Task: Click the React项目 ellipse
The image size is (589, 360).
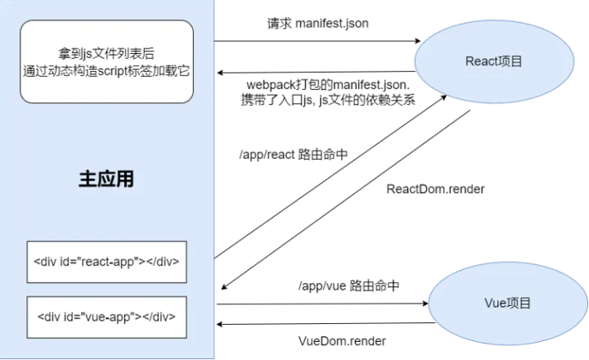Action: (x=494, y=61)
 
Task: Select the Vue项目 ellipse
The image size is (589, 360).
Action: (x=507, y=303)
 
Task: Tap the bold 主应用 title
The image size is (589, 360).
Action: (x=106, y=179)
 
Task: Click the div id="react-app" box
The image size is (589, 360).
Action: (x=106, y=262)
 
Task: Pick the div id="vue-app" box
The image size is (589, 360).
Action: (x=106, y=317)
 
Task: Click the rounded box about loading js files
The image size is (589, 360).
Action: (x=106, y=61)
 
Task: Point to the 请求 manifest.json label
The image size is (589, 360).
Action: (x=317, y=24)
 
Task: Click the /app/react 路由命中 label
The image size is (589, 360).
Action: (x=294, y=155)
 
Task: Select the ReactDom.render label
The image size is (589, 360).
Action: (x=435, y=189)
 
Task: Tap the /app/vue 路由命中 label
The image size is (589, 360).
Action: (x=348, y=286)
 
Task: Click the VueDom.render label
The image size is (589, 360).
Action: (x=342, y=341)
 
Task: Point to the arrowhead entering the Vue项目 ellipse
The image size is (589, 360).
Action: (x=425, y=304)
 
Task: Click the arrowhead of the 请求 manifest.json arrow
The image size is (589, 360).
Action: (x=417, y=41)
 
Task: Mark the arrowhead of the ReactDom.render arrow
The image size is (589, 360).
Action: (x=224, y=286)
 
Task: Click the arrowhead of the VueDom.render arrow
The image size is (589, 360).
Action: (x=221, y=324)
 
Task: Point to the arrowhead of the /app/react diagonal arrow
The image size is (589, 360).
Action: (x=443, y=97)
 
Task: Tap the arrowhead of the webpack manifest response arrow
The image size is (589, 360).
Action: (x=221, y=73)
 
